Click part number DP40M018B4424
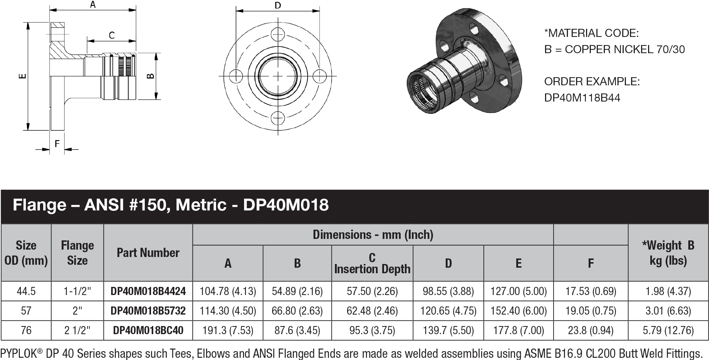pos(148,291)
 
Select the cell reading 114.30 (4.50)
pos(227,311)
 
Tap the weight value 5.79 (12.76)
pos(668,330)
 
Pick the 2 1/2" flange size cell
pos(77,330)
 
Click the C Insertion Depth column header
pos(372,263)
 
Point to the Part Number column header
pos(148,253)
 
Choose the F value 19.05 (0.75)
pos(590,311)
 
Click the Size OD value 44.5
pos(26,291)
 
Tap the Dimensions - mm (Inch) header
pos(373,235)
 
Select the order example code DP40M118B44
pos(582,98)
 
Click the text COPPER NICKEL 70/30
pos(624,49)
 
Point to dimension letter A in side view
pos(93,5)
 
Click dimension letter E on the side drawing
pos(23,76)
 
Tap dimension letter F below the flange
pos(57,144)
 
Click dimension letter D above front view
pos(278,5)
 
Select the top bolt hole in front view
pos(278,35)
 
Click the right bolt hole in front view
pos(319,76)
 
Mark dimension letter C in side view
pos(112,35)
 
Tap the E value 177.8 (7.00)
pos(518,330)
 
